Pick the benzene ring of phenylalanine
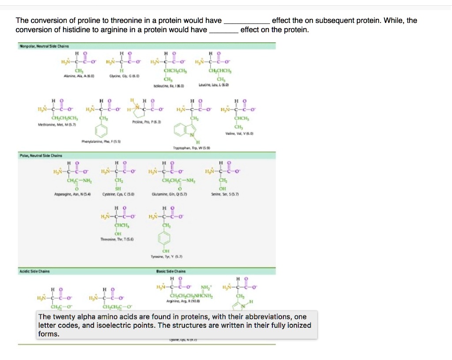point(103,130)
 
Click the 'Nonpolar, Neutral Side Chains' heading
point(44,46)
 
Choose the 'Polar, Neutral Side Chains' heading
point(40,155)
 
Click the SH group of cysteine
point(118,187)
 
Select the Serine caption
point(222,194)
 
